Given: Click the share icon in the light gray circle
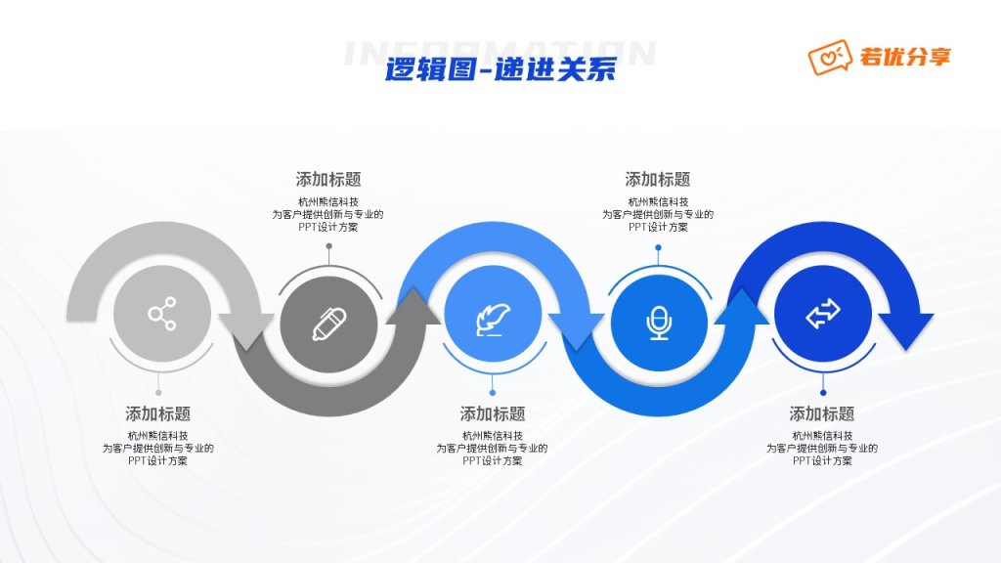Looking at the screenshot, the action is [162, 314].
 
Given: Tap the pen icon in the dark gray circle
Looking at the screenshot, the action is [328, 325].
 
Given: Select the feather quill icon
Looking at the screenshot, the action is [493, 319].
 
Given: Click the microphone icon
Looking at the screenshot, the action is [659, 323].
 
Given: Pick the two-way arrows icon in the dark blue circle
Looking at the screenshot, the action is [823, 314].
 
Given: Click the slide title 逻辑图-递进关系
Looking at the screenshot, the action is [500, 69].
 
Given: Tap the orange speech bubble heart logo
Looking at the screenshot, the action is [830, 58].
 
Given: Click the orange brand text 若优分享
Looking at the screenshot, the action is [905, 57].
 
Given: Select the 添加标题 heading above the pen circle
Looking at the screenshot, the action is [328, 179].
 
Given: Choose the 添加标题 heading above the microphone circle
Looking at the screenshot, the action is [658, 179].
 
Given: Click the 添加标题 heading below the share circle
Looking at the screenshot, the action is [158, 413].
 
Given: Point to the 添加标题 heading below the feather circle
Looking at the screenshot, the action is [493, 413].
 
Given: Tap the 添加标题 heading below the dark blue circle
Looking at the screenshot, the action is [821, 413].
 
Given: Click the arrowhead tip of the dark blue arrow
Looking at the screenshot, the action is [907, 349].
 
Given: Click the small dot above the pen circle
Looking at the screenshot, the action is [328, 245].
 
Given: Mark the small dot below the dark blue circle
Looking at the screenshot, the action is [823, 393].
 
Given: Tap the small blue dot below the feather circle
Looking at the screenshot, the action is [493, 393].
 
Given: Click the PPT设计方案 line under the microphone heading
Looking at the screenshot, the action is [658, 227].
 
